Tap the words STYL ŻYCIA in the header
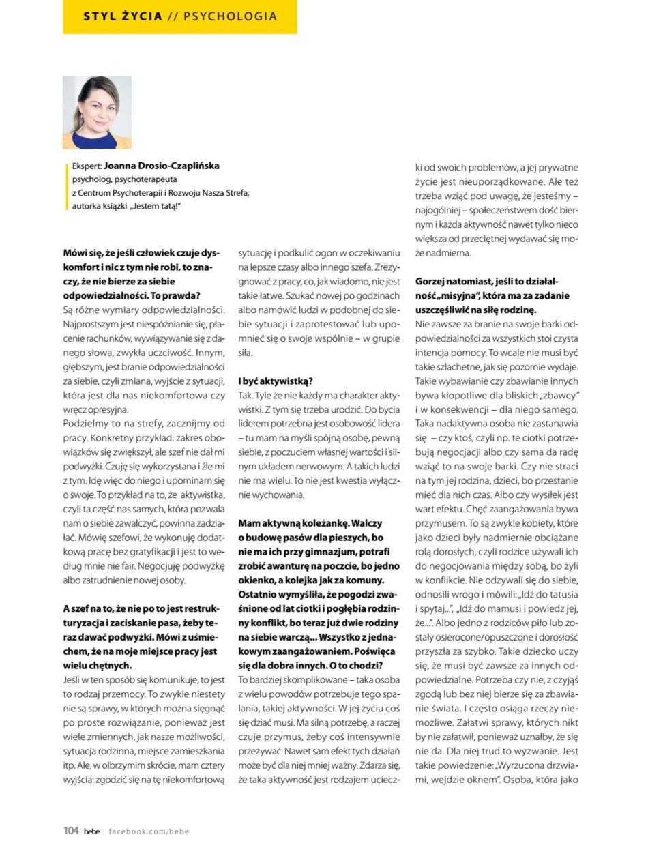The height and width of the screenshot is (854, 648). [x=123, y=16]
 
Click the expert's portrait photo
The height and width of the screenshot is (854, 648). [x=97, y=112]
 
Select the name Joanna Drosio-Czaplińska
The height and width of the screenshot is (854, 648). [x=161, y=166]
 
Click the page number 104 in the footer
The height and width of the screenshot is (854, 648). [x=71, y=831]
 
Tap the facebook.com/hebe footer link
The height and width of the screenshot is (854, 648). [x=149, y=831]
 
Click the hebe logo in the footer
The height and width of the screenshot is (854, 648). [x=91, y=831]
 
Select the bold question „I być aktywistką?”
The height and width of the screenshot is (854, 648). [x=275, y=381]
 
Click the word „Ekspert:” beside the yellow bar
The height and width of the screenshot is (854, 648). [x=87, y=166]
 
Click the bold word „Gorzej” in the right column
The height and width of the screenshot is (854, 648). [x=432, y=281]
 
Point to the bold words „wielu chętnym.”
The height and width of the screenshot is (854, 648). [x=98, y=665]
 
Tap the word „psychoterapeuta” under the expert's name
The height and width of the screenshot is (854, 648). [x=146, y=179]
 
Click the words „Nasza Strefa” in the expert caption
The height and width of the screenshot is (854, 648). [x=226, y=193]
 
